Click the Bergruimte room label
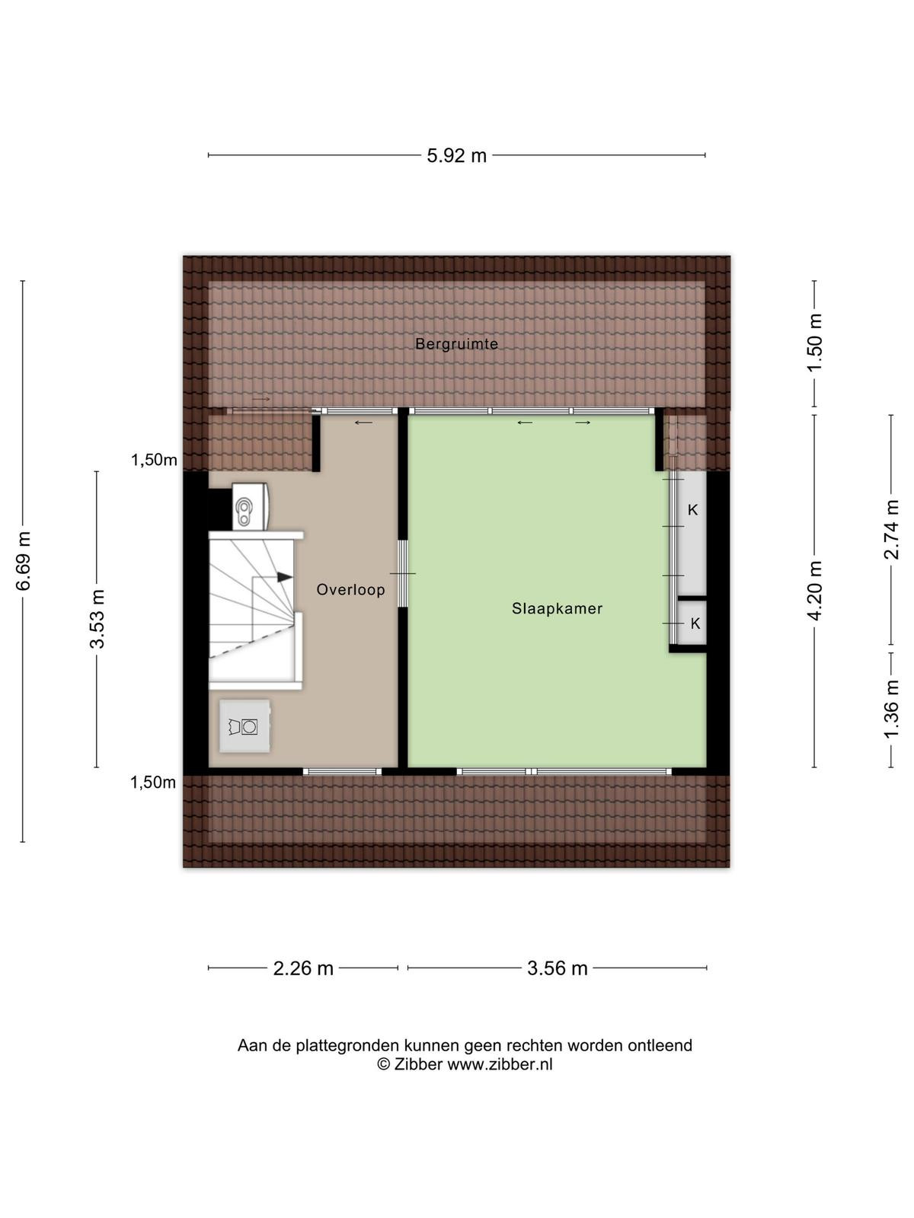(x=456, y=344)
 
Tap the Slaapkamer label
(x=557, y=609)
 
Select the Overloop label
(x=350, y=589)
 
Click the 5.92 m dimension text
(x=456, y=156)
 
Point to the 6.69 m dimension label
(x=24, y=561)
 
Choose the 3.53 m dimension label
(x=97, y=619)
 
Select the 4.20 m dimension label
(x=815, y=591)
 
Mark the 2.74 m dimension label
(x=891, y=529)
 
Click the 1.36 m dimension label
(x=891, y=709)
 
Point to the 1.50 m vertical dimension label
(x=815, y=343)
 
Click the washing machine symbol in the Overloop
(x=244, y=726)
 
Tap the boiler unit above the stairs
(x=251, y=505)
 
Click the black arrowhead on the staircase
(x=285, y=577)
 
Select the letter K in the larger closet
(x=692, y=510)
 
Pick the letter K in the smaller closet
(x=695, y=623)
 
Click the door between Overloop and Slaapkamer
(x=403, y=573)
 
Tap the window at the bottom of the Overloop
(x=342, y=771)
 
